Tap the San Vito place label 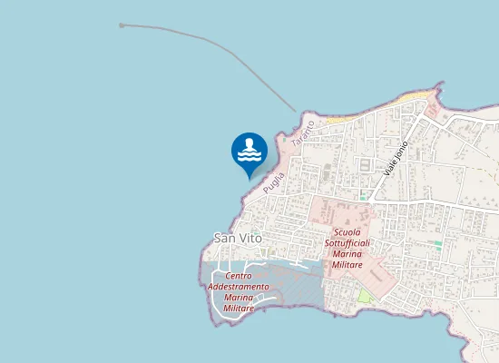237,237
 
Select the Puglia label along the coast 273,182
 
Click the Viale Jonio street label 396,157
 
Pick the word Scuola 347,233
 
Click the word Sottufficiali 347,244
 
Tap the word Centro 238,276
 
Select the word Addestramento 238,287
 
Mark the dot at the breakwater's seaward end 122,25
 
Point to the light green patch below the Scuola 365,297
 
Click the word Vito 249,237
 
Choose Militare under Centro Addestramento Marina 238,309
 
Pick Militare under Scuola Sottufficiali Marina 347,265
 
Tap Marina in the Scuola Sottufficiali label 347,255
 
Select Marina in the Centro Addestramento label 238,298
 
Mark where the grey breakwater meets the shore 296,113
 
